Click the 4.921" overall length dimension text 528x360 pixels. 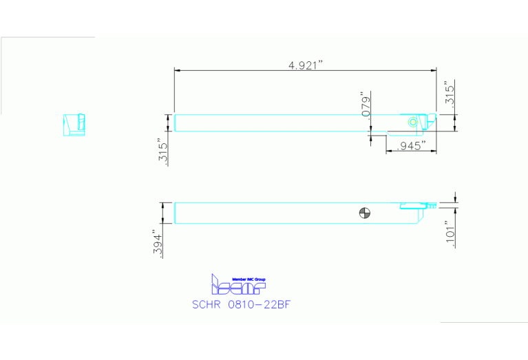(x=306, y=65)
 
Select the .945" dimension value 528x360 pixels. (x=412, y=146)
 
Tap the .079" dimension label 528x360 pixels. (x=366, y=104)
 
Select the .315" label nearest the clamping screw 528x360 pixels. (x=449, y=94)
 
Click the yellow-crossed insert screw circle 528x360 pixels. (x=412, y=122)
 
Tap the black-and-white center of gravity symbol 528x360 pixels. (x=365, y=212)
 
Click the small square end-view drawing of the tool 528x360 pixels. (x=74, y=125)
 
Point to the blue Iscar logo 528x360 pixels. (x=237, y=284)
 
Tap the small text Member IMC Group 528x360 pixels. (x=249, y=279)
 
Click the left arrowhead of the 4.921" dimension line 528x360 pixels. (x=177, y=70)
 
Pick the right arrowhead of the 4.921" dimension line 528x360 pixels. (x=434, y=70)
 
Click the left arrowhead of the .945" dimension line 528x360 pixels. (x=388, y=151)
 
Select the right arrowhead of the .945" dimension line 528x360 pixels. (x=434, y=151)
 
